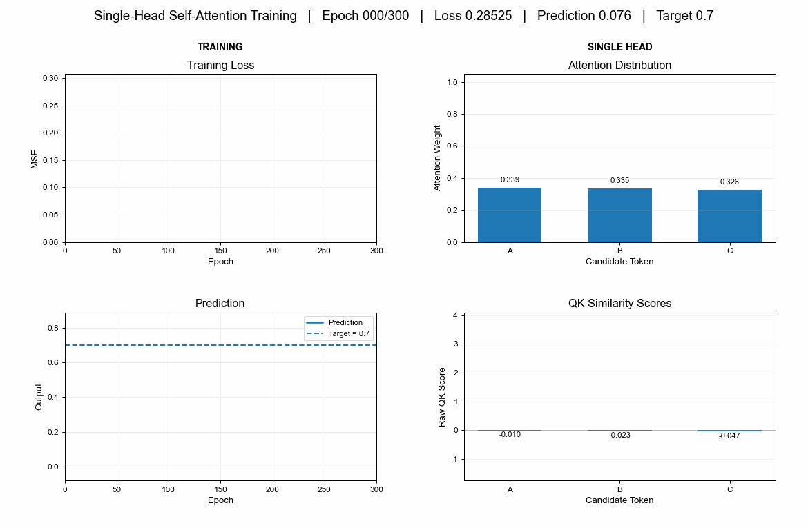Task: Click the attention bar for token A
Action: click(510, 215)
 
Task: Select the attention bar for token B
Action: click(619, 215)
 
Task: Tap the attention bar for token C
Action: click(729, 216)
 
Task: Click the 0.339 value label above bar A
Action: click(510, 179)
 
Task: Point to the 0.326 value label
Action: click(729, 182)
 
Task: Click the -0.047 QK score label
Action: click(729, 436)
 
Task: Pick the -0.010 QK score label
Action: click(510, 435)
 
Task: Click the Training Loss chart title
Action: click(220, 66)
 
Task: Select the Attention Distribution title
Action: click(619, 66)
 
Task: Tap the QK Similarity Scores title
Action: click(619, 304)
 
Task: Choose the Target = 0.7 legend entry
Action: click(338, 334)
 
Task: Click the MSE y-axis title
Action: click(35, 159)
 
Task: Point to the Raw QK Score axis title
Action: click(441, 397)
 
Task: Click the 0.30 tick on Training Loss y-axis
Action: click(50, 78)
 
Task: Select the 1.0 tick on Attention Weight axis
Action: click(452, 82)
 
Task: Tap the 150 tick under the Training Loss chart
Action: click(220, 251)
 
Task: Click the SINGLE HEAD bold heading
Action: click(620, 47)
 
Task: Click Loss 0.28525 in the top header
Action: click(473, 16)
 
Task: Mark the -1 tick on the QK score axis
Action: click(454, 460)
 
